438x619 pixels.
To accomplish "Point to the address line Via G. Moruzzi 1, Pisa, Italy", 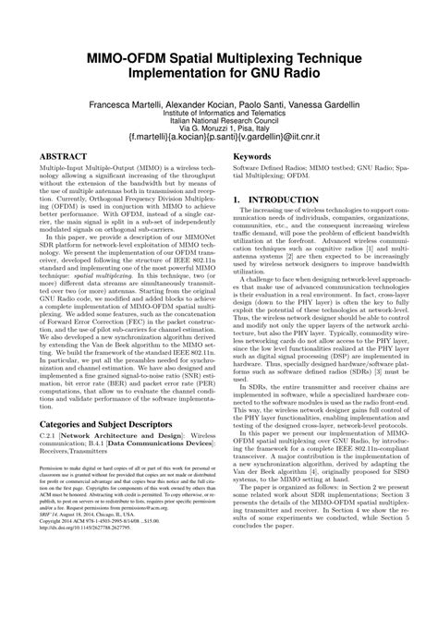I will (x=219, y=136).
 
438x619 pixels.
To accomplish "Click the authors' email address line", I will (x=219, y=146).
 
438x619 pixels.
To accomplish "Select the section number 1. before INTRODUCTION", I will (x=238, y=225).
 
